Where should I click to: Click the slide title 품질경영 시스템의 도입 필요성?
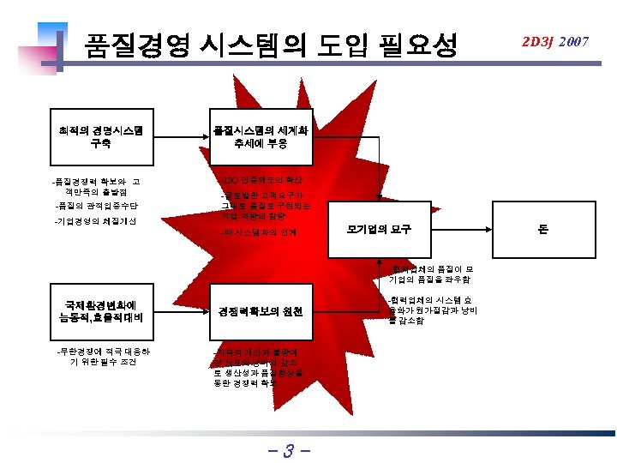coord(269,44)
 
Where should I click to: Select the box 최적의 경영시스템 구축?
coord(99,137)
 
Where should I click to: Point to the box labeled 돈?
coord(542,229)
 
